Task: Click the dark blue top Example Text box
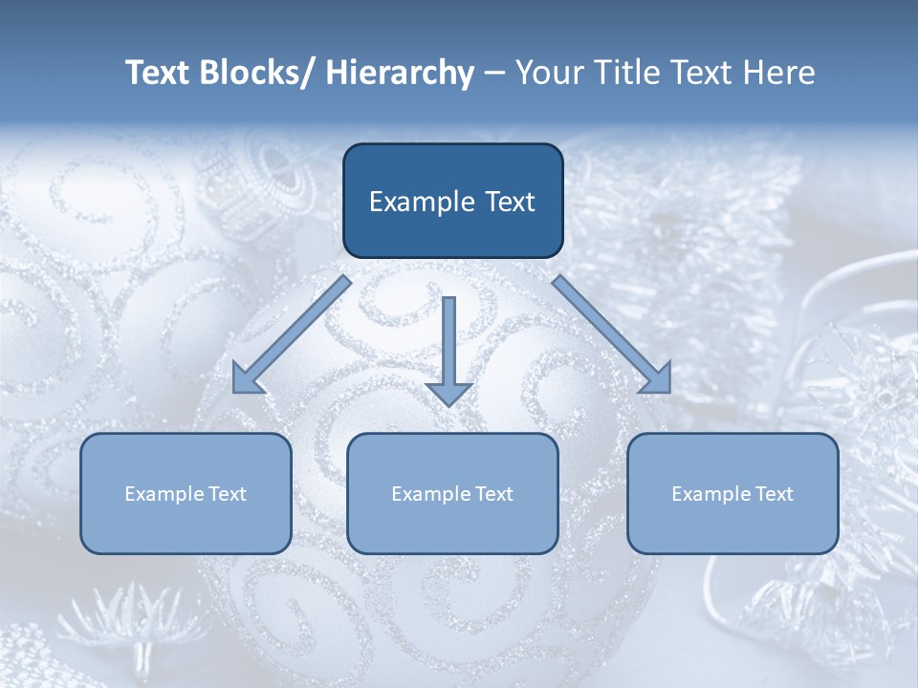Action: tap(452, 201)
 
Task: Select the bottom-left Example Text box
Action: tap(186, 493)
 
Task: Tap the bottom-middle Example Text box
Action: tap(452, 493)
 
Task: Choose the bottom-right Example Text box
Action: tap(732, 493)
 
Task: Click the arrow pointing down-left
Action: tap(292, 334)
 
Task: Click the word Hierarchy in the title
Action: tap(400, 73)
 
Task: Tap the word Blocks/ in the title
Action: tap(260, 73)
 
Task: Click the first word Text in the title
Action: tap(161, 73)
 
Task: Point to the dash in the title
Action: tap(494, 74)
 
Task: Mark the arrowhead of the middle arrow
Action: tap(448, 393)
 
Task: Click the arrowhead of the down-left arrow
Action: tap(246, 379)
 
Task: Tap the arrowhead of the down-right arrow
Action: tap(658, 379)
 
